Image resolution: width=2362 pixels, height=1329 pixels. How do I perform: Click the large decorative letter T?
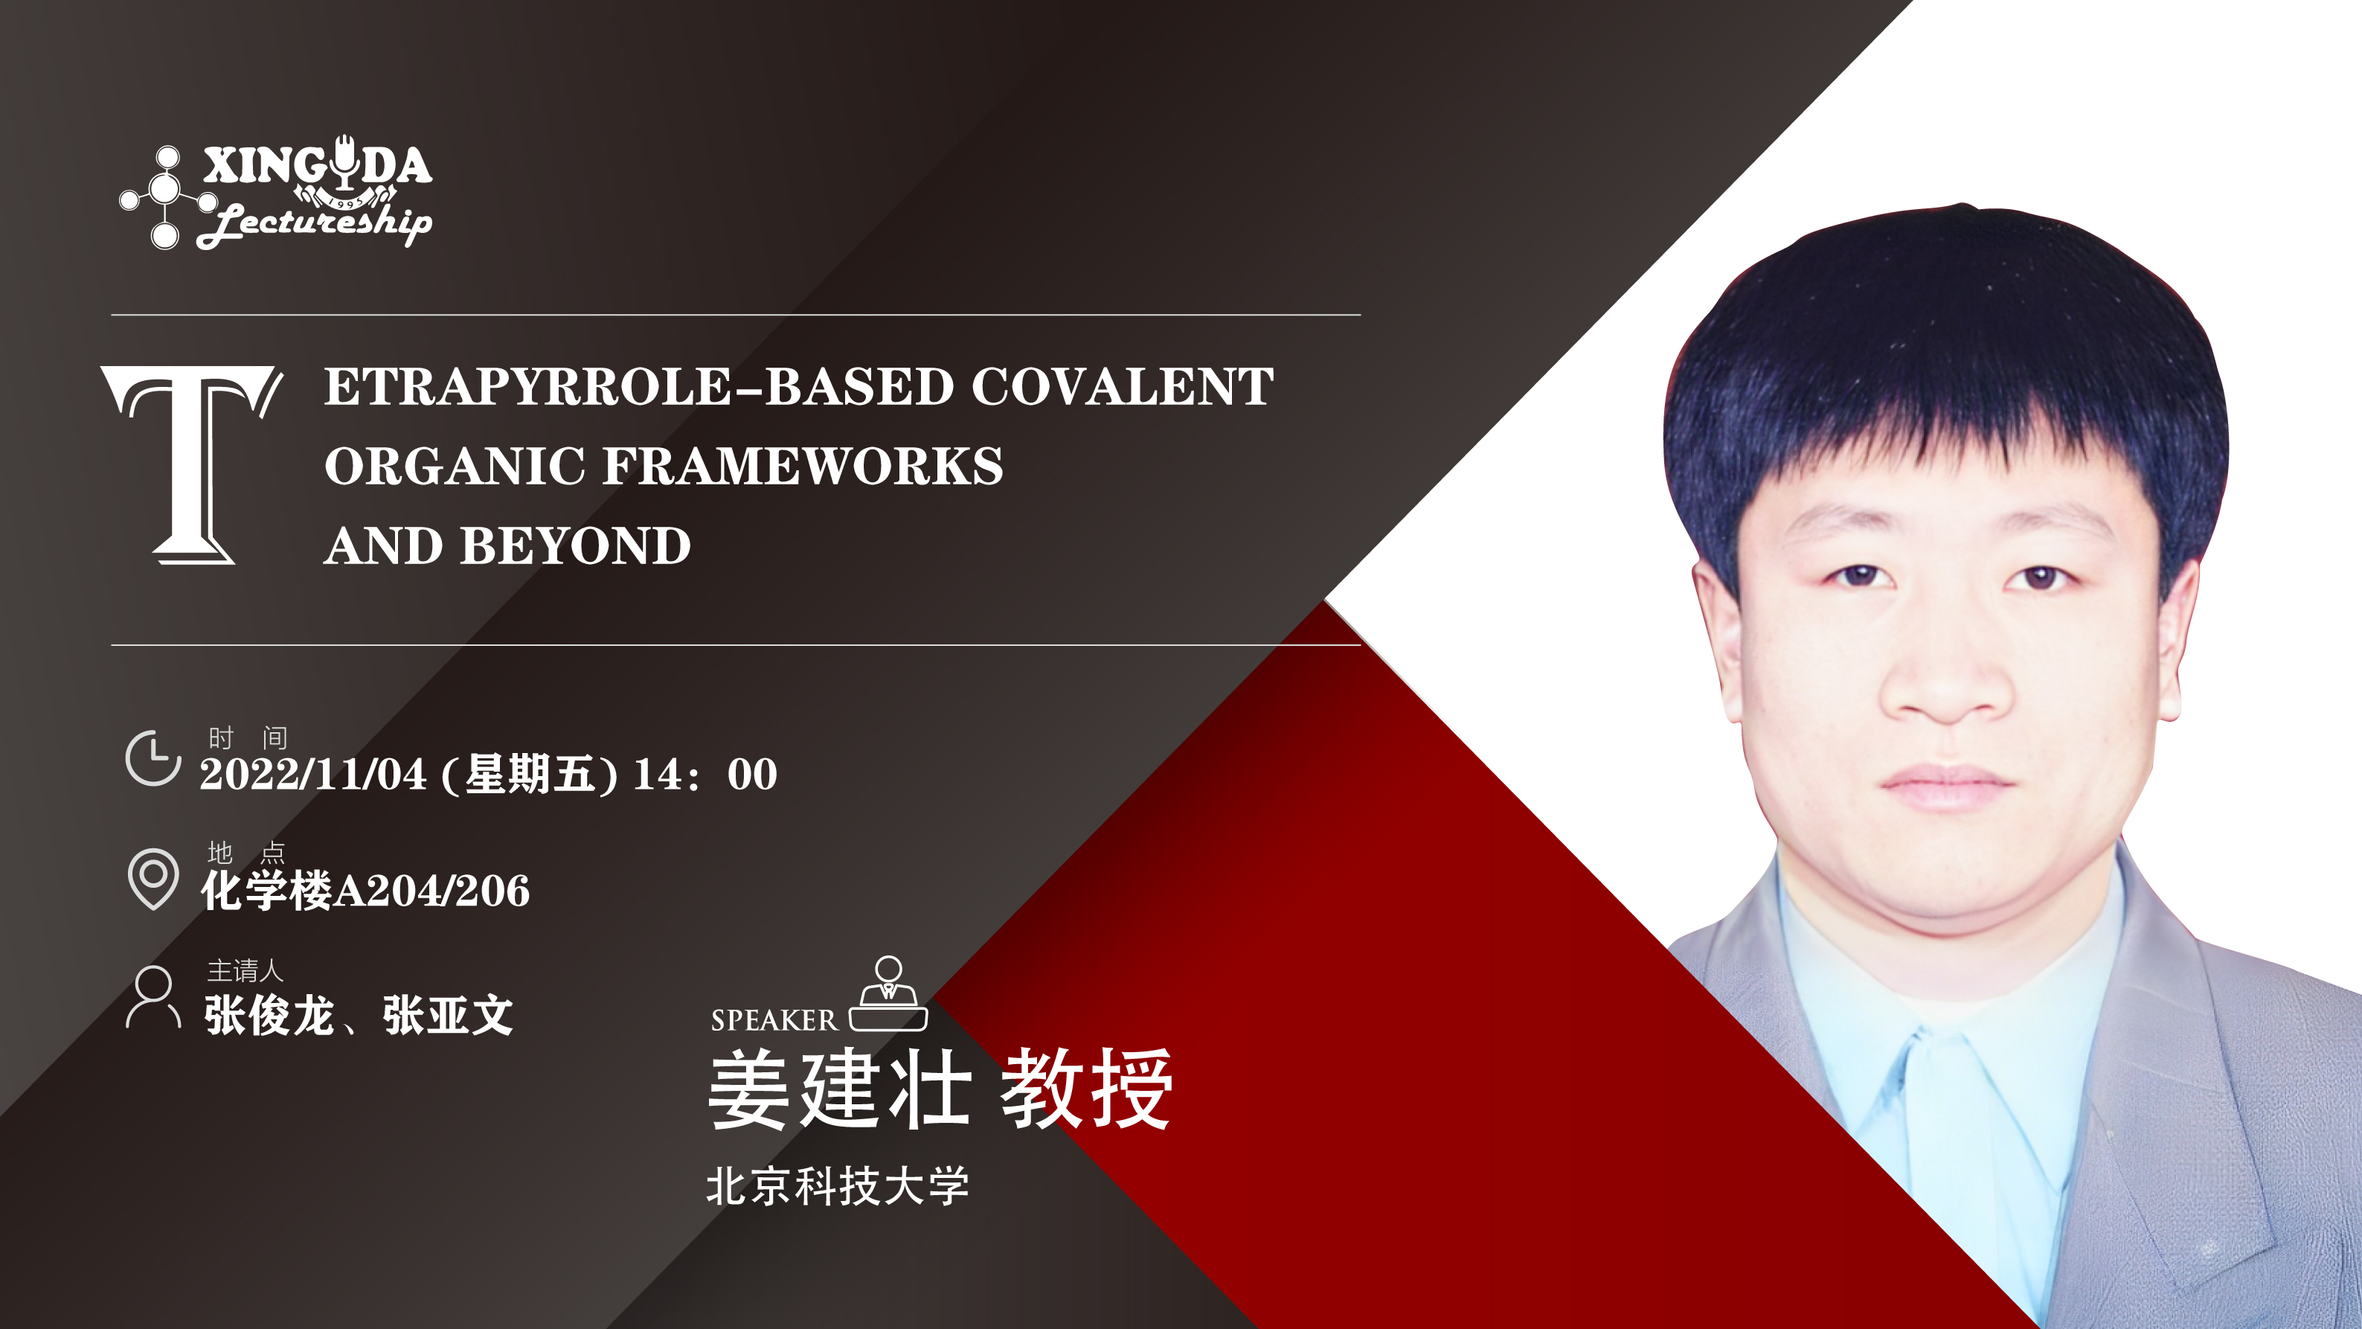point(192,464)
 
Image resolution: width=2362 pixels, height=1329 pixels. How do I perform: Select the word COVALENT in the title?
point(1123,386)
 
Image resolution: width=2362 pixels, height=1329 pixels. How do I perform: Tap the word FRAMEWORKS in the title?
point(803,466)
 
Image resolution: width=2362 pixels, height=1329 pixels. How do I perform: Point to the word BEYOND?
point(576,545)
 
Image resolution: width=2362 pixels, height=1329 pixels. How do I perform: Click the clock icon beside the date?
point(153,758)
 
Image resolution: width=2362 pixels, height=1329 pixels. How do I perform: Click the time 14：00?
point(706,774)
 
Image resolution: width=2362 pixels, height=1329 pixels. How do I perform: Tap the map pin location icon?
point(153,878)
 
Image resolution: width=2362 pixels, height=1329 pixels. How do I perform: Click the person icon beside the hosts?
point(153,996)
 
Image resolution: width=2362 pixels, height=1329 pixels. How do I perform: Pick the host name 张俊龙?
point(269,1015)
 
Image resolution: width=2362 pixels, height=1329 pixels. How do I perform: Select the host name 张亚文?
point(447,1015)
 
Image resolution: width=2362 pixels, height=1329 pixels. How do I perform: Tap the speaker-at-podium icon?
point(888,993)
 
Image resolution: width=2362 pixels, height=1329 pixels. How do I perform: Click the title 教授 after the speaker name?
point(1085,1089)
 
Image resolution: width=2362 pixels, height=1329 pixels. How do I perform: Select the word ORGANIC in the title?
point(455,466)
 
